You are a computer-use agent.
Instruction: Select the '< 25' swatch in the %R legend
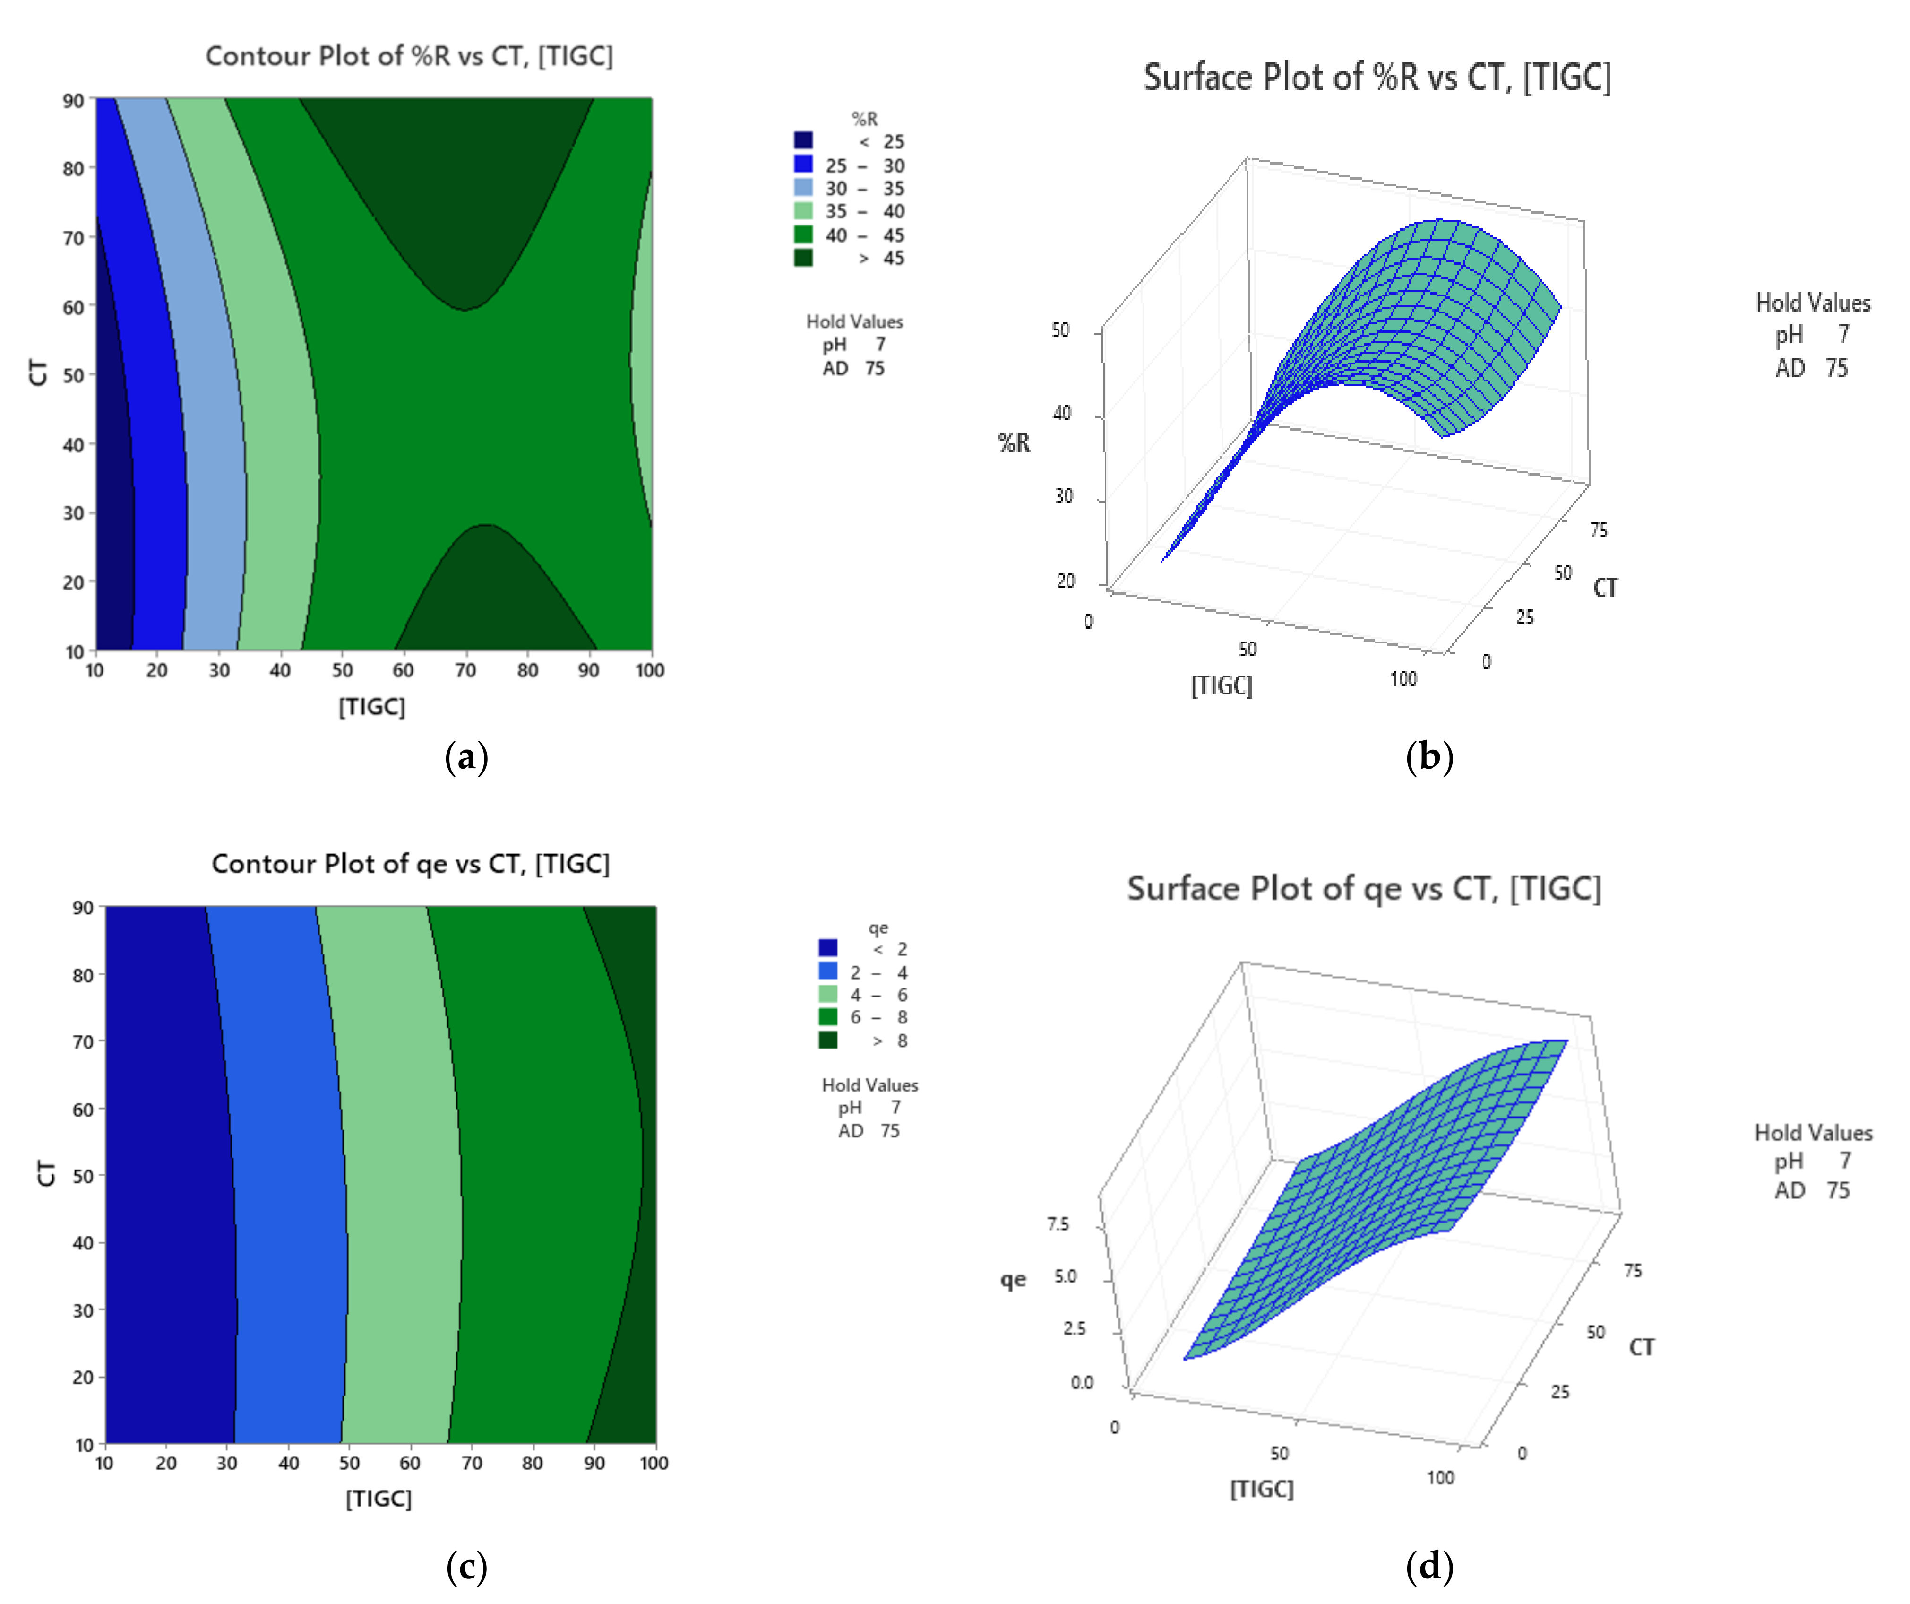tap(803, 140)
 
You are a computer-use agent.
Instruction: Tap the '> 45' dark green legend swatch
tap(803, 258)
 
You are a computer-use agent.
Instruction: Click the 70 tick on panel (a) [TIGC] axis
tap(465, 670)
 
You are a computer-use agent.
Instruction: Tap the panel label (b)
tap(1429, 756)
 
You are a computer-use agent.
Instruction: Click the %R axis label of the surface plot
tap(1014, 443)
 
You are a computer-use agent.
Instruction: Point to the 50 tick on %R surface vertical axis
tap(1060, 330)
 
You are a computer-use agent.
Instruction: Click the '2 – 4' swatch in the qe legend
tap(828, 971)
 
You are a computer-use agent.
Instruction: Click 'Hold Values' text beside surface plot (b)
tap(1812, 303)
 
